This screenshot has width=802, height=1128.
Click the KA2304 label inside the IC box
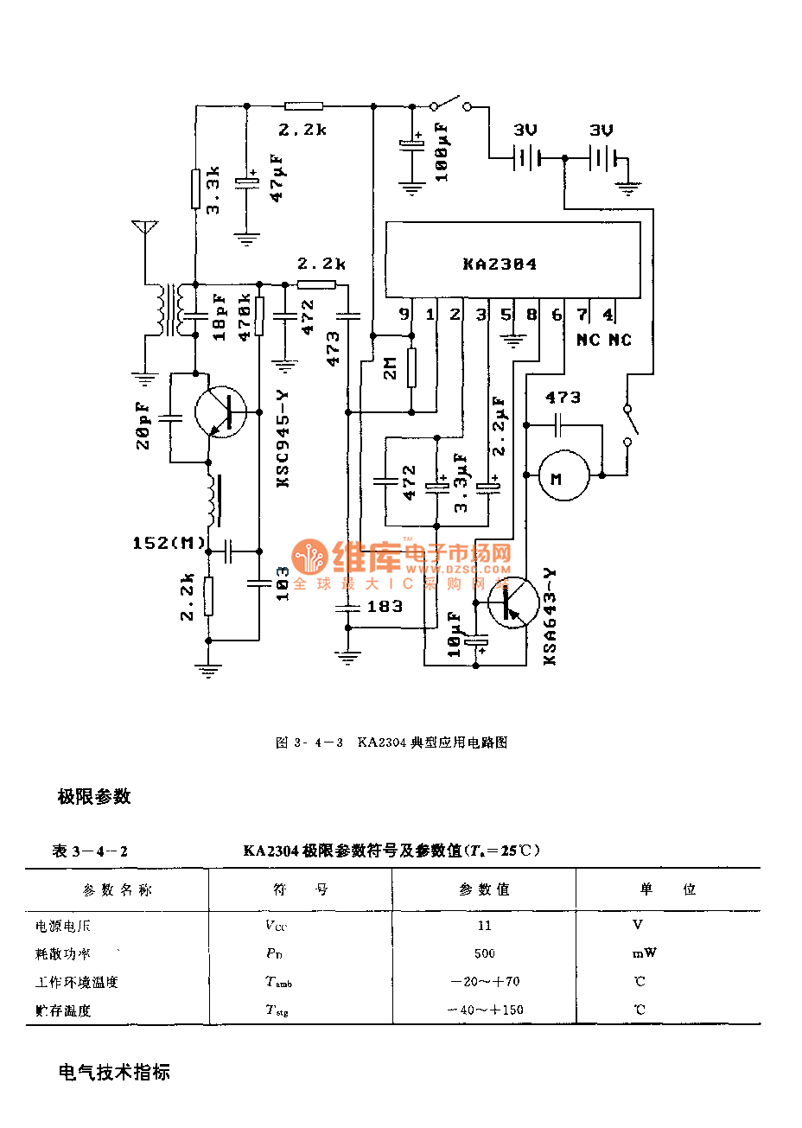coord(500,264)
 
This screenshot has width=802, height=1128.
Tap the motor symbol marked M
coord(563,475)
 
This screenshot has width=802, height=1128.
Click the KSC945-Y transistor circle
coord(220,412)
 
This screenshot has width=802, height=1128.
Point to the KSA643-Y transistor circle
coord(512,602)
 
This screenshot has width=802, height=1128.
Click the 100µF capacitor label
coord(442,151)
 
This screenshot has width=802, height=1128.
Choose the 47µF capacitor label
coord(277,178)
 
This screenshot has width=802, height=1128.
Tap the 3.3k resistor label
coord(214,190)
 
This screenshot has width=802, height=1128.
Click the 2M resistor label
coord(391,367)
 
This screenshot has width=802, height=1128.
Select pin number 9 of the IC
coord(404,315)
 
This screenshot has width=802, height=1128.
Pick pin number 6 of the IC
coord(557,315)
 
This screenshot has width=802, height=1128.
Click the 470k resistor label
coord(245,316)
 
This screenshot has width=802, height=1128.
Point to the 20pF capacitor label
coord(143,424)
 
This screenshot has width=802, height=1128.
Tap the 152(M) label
coord(169,543)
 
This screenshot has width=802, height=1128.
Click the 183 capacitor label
coord(385,607)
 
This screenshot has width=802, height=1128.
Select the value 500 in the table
coord(484,953)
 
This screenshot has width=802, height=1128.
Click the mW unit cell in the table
coord(644,953)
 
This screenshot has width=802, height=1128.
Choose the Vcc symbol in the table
coord(276,926)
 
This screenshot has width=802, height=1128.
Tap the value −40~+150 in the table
coord(485,1010)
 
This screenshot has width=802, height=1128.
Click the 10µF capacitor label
coord(455,634)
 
